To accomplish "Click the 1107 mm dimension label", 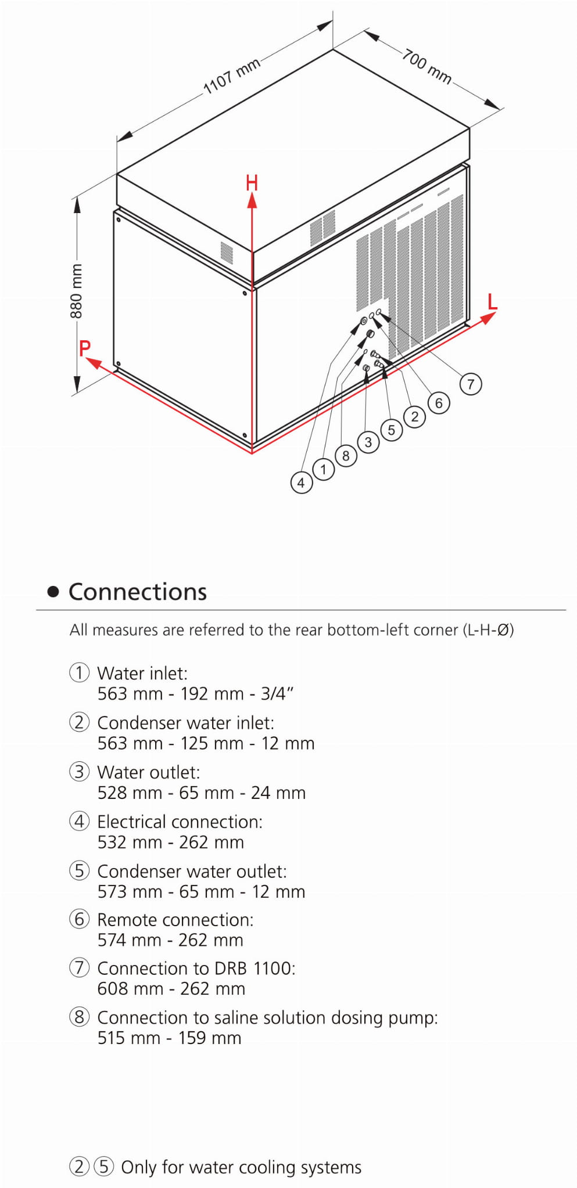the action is coord(231,77).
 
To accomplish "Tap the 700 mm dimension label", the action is coord(427,67).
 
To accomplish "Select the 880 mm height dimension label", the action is coord(76,291).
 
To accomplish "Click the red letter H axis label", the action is coord(252,183).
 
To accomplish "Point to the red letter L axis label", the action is coord(493,302).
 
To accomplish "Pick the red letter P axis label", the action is coord(85,348).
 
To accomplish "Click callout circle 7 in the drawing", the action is coord(471,384).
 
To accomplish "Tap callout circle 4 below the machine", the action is coord(301,482).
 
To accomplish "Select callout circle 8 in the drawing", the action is coord(346,456).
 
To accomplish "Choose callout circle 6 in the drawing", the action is coord(439,403).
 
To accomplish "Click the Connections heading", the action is coord(138,592).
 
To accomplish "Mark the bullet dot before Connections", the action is coord(53,592).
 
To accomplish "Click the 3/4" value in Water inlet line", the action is coord(277,693).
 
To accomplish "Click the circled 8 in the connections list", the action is coord(80,1017).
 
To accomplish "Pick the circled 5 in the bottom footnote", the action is coord(104,1167).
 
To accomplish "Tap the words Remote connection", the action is coord(174,920).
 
